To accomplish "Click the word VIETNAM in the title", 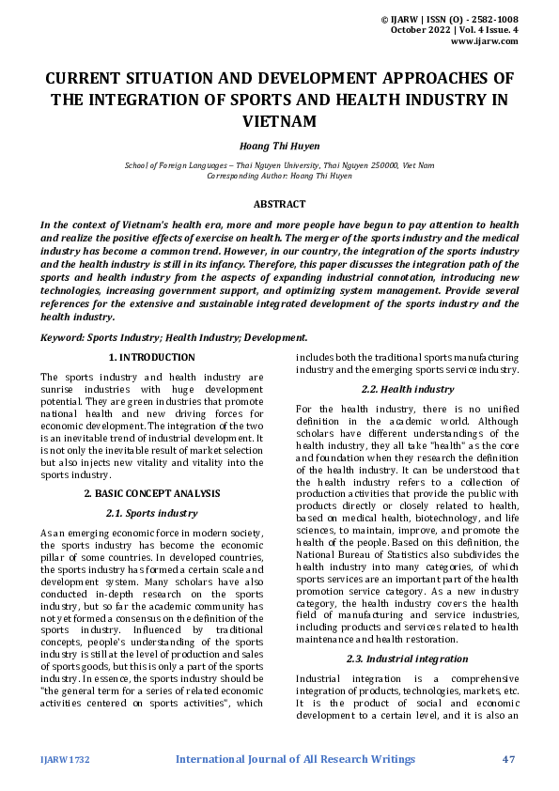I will pos(279,121).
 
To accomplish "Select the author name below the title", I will pos(279,147).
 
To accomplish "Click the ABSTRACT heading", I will pos(279,204).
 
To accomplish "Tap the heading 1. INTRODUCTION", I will pos(152,358).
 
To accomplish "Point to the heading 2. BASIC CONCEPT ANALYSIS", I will pos(152,493).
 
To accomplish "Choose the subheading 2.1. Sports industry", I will pos(152,513).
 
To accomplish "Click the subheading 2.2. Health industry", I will pos(407,389).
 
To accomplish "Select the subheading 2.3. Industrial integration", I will pos(407,659).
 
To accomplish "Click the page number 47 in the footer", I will pos(510,759).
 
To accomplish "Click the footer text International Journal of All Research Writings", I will pos(295,759).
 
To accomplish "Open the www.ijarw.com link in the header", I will pos(485,41).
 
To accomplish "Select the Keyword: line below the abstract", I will pos(174,336).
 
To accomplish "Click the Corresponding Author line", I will pos(279,176).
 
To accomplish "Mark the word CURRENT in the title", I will pos(90,78).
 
